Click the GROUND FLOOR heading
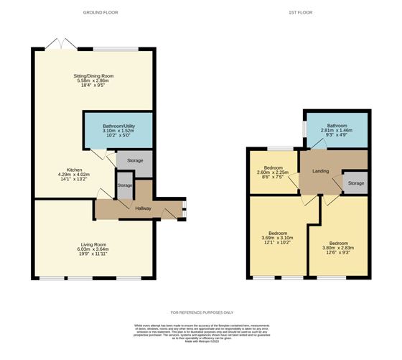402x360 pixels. (x=100, y=12)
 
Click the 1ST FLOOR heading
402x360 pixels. (x=299, y=12)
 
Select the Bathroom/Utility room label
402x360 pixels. (x=118, y=125)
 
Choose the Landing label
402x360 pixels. (x=320, y=171)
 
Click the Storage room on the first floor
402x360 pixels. (x=355, y=183)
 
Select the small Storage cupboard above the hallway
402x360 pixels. (x=125, y=185)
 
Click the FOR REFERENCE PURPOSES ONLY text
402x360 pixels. (x=201, y=313)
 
